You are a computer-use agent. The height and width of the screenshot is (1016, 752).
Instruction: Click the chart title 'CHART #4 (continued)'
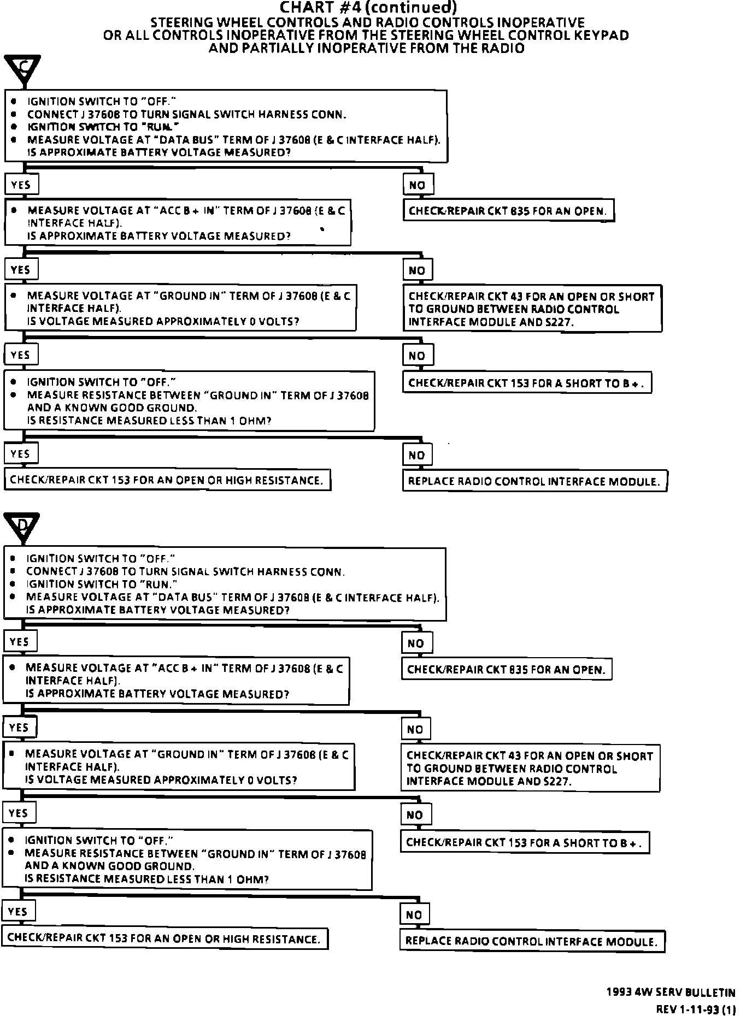click(367, 8)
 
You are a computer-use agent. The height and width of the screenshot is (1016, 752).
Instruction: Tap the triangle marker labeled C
click(23, 69)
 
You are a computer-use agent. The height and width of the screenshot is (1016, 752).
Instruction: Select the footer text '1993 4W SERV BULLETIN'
click(671, 993)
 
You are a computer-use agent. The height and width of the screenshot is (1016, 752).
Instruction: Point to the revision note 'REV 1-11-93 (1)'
click(695, 1009)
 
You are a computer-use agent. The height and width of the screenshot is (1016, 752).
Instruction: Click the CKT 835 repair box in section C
click(508, 211)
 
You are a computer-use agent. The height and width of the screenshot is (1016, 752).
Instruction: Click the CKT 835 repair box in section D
click(507, 670)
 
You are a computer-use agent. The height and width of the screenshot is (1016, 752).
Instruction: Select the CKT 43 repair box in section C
click(532, 309)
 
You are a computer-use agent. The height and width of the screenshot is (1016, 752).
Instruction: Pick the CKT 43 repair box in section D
click(530, 768)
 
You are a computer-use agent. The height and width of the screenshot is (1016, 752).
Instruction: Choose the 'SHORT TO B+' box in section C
click(527, 383)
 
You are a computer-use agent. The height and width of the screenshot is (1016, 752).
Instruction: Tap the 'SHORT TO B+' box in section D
click(525, 842)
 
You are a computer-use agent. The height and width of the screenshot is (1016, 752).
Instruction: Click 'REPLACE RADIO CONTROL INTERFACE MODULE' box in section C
click(534, 481)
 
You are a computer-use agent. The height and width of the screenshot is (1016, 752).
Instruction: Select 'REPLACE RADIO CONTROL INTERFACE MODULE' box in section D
click(532, 941)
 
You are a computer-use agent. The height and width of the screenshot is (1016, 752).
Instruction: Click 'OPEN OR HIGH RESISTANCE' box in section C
click(167, 480)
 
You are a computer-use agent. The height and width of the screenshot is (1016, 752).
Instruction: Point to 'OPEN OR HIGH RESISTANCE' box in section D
click(164, 938)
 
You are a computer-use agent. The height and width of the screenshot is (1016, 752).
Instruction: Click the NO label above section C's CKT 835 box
click(418, 185)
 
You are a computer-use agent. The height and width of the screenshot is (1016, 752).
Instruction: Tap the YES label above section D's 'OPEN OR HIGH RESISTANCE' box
click(18, 912)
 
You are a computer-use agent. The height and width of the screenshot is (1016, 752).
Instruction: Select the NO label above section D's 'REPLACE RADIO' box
click(415, 914)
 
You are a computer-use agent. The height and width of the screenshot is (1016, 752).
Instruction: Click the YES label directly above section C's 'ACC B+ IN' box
click(21, 185)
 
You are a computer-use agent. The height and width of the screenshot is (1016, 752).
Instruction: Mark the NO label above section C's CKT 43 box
click(417, 270)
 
